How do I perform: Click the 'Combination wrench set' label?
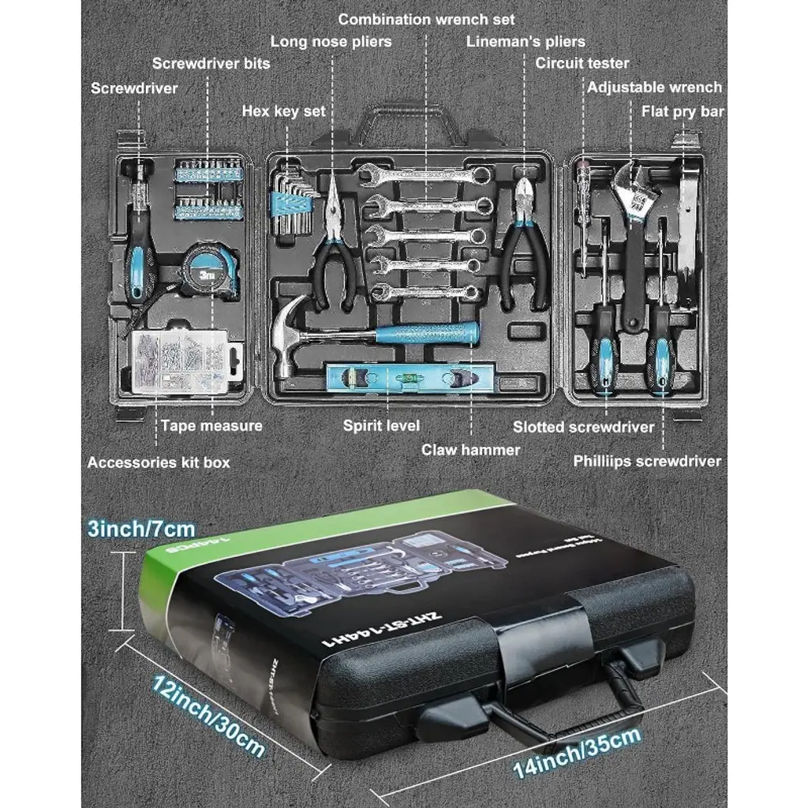[426, 18]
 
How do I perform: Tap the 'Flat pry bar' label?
[683, 112]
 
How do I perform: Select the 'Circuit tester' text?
[582, 63]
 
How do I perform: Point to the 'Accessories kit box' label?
[159, 462]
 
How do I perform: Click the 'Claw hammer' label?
[470, 450]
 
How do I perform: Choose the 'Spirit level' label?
[381, 425]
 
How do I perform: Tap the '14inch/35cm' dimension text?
[576, 754]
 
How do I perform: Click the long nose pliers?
[335, 245]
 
